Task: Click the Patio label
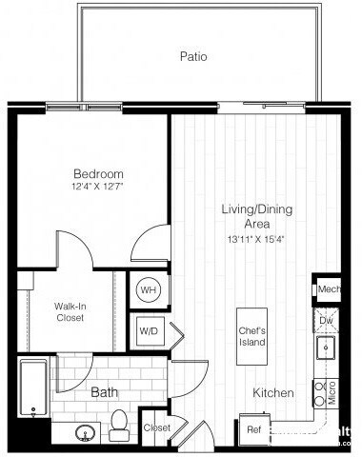click(193, 56)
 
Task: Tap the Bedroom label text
click(99, 174)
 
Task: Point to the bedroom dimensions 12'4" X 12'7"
click(98, 188)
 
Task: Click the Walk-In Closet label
click(70, 311)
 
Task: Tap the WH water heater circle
click(149, 289)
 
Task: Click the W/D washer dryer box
click(149, 332)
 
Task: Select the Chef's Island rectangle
click(253, 337)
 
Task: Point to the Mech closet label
click(329, 289)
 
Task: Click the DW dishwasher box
click(326, 321)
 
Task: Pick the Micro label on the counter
click(331, 391)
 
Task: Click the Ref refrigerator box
click(253, 429)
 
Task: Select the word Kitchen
click(272, 393)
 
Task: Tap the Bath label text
click(104, 392)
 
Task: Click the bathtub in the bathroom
click(33, 388)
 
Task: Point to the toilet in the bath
click(119, 426)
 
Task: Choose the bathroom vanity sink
click(85, 433)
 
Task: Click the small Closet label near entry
click(156, 428)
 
